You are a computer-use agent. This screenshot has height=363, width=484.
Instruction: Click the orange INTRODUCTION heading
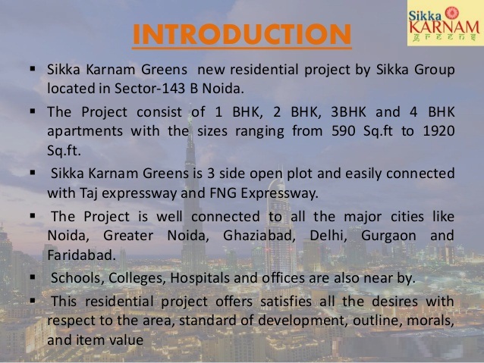(242, 34)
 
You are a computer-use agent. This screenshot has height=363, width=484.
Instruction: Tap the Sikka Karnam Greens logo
(445, 23)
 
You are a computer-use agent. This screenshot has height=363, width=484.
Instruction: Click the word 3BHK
(348, 111)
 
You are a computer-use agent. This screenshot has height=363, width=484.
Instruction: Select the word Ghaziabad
(257, 236)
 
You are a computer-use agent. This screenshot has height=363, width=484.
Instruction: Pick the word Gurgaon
(388, 236)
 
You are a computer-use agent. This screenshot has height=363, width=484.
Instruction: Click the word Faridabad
(81, 255)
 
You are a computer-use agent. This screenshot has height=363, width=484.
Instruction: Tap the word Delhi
(326, 236)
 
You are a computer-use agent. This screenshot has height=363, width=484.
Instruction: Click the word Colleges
(135, 278)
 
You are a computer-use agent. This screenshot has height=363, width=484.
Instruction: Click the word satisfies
(285, 302)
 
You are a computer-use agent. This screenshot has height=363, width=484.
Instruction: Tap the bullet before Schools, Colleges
(33, 277)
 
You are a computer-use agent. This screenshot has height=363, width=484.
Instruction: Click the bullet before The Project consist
(33, 111)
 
